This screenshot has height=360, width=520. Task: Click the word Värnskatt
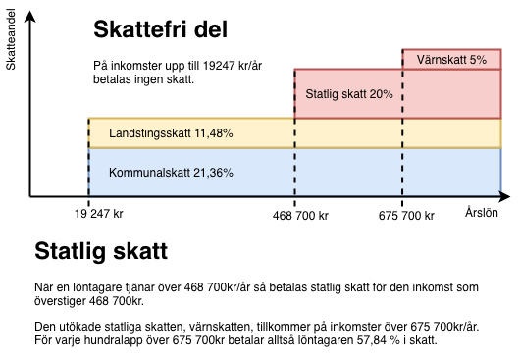coord(441,60)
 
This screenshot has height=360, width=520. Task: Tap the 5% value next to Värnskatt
coord(478,60)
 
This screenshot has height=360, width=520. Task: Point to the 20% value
coord(382,95)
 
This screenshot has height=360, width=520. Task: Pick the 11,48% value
coord(215,133)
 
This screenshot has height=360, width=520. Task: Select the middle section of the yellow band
coord(348,133)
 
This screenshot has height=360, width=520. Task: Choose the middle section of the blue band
coord(348,172)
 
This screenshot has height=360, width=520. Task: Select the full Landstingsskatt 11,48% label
coord(171,133)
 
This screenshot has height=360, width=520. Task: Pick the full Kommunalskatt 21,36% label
coord(171,172)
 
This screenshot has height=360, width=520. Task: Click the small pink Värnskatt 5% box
coord(451,60)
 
